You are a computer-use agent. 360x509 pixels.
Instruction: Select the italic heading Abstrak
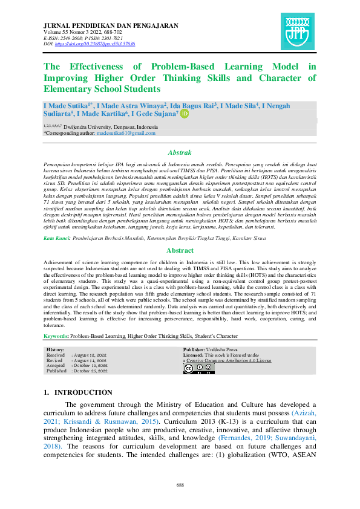coord(180,153)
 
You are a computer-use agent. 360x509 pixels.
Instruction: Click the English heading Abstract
coord(180,250)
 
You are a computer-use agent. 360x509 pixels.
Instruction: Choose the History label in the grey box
coord(56,350)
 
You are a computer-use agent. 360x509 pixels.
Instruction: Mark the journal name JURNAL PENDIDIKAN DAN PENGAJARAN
coord(111,25)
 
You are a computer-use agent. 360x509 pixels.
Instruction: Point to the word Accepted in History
coord(56,365)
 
